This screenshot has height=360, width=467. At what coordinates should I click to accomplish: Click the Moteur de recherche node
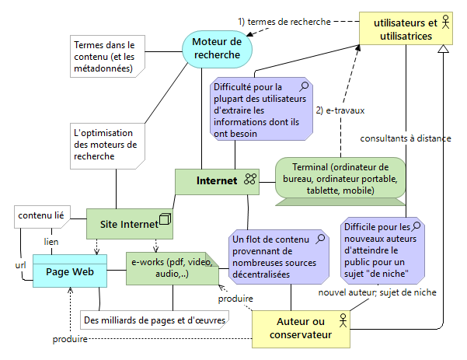pyautogui.click(x=217, y=48)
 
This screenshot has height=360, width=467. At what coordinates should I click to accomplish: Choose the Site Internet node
pyautogui.click(x=128, y=223)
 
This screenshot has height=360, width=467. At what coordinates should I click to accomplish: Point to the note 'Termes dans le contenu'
pyautogui.click(x=103, y=58)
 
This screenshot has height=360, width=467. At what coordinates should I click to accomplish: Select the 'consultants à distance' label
pyautogui.click(x=405, y=138)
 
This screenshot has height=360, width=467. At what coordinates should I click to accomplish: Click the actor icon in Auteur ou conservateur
pyautogui.click(x=341, y=320)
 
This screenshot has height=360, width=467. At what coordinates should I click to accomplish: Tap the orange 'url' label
pyautogui.click(x=21, y=264)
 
